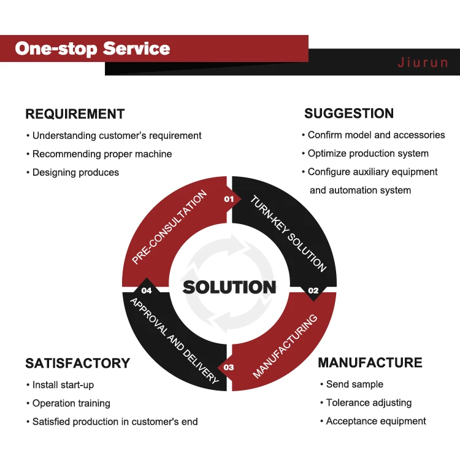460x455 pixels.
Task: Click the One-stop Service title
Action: (93, 49)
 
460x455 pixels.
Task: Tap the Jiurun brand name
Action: (423, 63)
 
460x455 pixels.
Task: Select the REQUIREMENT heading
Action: (75, 114)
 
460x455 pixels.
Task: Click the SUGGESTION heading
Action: (349, 114)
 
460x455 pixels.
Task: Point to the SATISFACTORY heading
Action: (78, 363)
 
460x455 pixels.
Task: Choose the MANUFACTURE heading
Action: (370, 362)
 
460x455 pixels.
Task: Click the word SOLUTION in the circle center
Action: (229, 287)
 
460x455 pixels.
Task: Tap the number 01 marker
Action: (229, 199)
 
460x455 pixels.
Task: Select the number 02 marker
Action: (313, 290)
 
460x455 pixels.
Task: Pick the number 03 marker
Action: (229, 368)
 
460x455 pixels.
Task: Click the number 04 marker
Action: (146, 290)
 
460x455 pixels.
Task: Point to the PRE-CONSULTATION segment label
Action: (170, 227)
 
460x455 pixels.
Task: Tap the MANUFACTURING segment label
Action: (285, 346)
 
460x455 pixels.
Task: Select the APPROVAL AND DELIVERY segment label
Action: (174, 340)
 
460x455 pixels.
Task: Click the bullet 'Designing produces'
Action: (75, 173)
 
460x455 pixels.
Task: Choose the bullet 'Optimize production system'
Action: (368, 154)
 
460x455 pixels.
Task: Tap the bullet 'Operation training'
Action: (71, 403)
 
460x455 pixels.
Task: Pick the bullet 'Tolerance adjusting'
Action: (369, 403)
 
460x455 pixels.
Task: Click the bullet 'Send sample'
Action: (355, 384)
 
